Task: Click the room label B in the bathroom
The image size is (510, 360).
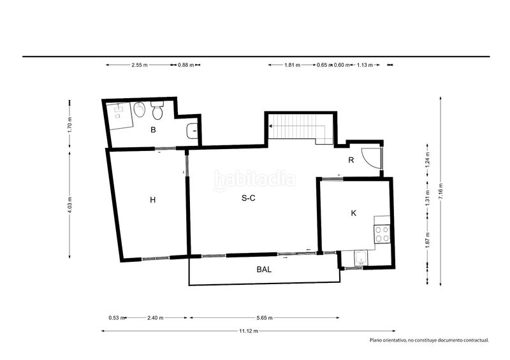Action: (x=153, y=130)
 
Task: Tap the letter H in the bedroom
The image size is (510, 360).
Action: (x=152, y=199)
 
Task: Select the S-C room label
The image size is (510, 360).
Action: (x=249, y=198)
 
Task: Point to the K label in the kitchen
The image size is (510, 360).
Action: (x=354, y=213)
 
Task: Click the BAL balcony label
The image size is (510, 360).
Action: (x=264, y=270)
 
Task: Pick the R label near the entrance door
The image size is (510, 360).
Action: (x=351, y=160)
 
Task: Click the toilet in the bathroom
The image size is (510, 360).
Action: (x=157, y=110)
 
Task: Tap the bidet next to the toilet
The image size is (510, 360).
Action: (x=140, y=110)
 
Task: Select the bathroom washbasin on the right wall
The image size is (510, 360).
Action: (x=193, y=131)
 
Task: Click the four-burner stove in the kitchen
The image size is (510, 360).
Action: (x=382, y=234)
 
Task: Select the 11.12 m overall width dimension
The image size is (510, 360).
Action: (x=249, y=331)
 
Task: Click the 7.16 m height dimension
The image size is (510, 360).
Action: (x=441, y=191)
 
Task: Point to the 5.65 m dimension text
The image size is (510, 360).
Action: (x=265, y=318)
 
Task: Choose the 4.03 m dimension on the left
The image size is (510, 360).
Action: (x=69, y=205)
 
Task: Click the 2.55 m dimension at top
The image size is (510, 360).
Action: (x=140, y=65)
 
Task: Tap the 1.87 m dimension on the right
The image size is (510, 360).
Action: (x=428, y=239)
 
